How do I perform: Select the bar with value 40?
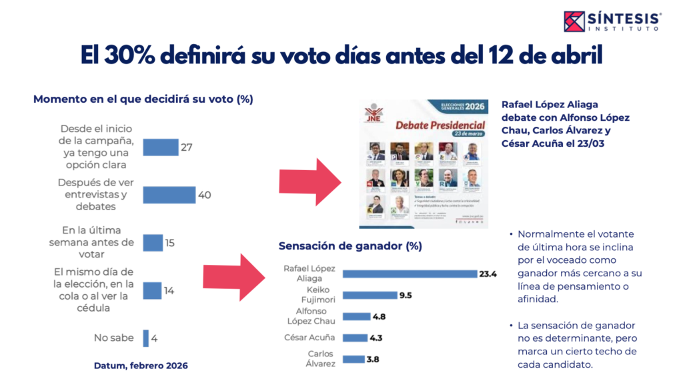169,194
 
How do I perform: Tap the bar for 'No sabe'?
145,338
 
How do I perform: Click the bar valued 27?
160,147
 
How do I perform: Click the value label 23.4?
488,274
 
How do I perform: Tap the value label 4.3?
378,338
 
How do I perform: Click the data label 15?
169,243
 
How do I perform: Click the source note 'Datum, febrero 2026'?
140,366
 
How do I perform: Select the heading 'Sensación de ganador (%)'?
350,246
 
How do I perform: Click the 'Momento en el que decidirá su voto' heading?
143,99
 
